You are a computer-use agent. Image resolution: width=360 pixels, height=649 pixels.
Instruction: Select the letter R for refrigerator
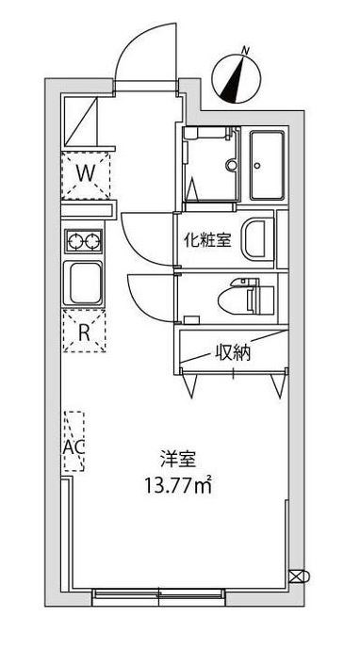tap(85, 331)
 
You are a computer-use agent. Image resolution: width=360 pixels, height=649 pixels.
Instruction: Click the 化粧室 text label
tap(206, 239)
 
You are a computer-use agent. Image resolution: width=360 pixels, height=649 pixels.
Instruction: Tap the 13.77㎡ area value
tap(176, 487)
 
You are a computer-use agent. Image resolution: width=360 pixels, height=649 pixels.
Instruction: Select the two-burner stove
tap(86, 241)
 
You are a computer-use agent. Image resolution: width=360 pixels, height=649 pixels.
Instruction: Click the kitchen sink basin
tap(86, 283)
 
